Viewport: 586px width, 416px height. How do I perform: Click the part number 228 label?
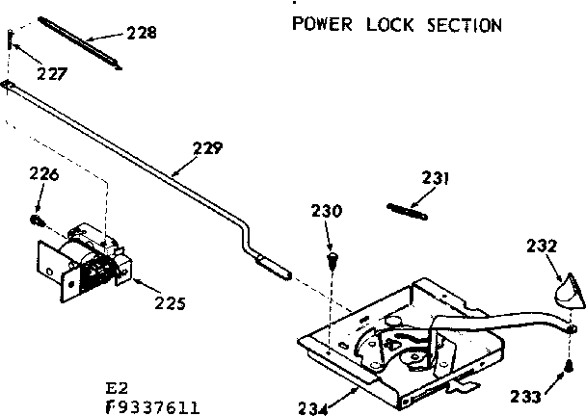point(141,33)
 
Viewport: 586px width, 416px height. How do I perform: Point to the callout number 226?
point(43,174)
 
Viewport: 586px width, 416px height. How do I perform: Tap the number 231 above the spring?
point(436,177)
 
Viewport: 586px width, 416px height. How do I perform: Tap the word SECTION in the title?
point(466,23)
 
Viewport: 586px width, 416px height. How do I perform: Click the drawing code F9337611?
point(151,405)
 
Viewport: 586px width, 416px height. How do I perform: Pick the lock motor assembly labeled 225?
point(84,257)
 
